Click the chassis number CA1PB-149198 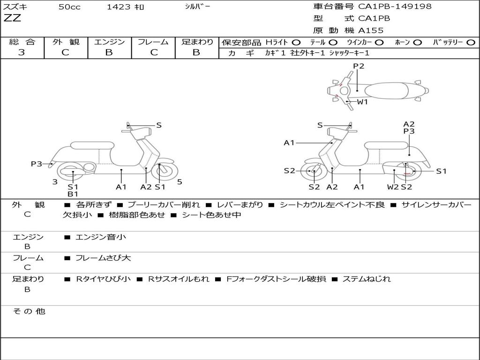coord(395,7)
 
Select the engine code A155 coord(371,30)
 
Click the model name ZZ coord(12,19)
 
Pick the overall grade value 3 coord(22,52)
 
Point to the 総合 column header coord(22,42)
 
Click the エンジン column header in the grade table coord(109,42)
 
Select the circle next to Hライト coord(296,43)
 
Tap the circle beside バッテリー coord(471,43)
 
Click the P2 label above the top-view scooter coord(359,66)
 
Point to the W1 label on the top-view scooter coord(363,102)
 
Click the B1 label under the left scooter coord(73,194)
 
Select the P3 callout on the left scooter coord(37,164)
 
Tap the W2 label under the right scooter coord(393,187)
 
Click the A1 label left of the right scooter coord(289,143)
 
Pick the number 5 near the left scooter coord(180,182)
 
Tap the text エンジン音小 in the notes coord(101,237)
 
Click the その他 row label coord(29,311)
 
